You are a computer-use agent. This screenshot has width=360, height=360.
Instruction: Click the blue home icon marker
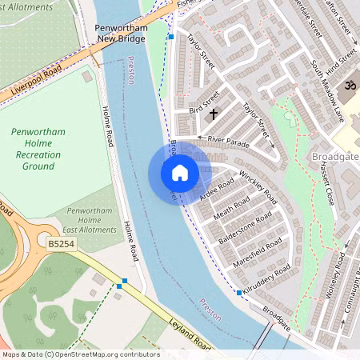point(180,173)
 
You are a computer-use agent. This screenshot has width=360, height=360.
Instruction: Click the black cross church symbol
point(213,114)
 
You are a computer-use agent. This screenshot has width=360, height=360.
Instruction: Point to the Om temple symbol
point(349,86)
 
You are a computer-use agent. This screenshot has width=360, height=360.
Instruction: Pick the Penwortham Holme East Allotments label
point(91,219)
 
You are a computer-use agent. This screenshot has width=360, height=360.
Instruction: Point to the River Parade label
point(229,140)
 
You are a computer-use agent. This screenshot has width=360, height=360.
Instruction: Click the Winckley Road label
point(258,185)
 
